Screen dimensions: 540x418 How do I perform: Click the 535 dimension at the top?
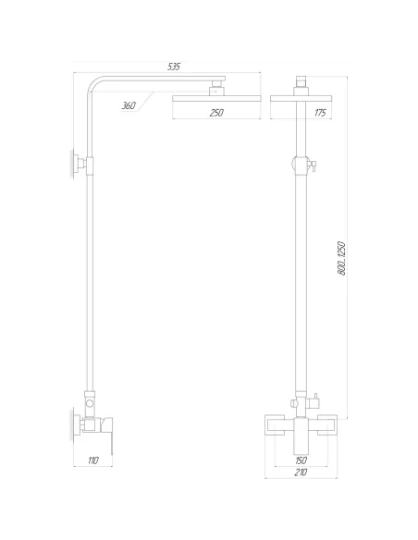pos(173,67)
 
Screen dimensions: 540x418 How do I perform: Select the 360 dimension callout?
pos(129,106)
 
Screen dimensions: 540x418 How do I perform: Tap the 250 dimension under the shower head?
pos(216,112)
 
